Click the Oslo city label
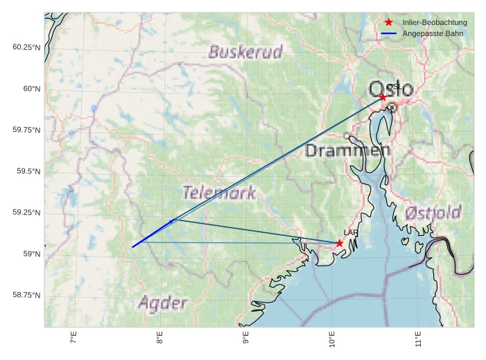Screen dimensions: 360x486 (x=391, y=89)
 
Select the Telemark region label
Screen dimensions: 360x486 (x=219, y=193)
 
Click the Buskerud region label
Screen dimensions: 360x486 (x=245, y=52)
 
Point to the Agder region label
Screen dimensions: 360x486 (x=162, y=303)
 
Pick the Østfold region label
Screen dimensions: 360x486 (x=433, y=212)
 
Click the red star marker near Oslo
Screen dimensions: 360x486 (x=383, y=97)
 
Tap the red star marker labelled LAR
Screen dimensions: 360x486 (x=339, y=243)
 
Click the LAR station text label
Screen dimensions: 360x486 (x=349, y=233)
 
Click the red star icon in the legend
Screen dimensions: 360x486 (x=389, y=23)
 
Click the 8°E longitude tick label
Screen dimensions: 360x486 (x=159, y=338)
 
